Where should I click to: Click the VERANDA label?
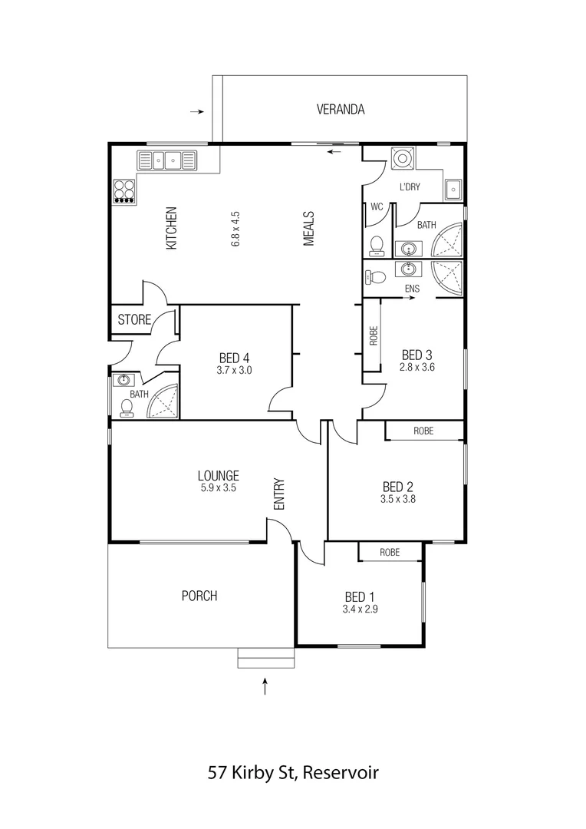[x=341, y=110]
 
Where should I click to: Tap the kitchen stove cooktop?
[x=125, y=190]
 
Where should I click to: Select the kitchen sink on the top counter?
[x=166, y=160]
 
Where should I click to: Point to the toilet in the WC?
[x=377, y=245]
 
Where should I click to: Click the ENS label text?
[x=413, y=288]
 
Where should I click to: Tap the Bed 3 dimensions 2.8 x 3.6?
[x=417, y=368]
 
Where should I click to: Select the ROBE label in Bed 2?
[x=423, y=431]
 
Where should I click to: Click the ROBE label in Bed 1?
[x=390, y=552]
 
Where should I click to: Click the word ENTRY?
[x=279, y=494]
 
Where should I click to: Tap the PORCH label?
[x=199, y=596]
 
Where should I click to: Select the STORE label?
[x=134, y=320]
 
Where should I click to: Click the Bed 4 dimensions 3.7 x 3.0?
[x=235, y=370]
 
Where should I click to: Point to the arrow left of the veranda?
[x=196, y=112]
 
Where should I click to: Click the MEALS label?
[x=309, y=229]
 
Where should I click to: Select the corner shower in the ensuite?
[x=447, y=277]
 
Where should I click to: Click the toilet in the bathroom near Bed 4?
[x=127, y=408]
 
